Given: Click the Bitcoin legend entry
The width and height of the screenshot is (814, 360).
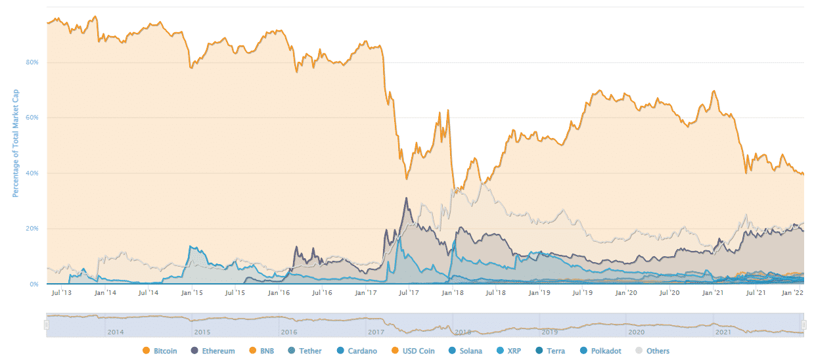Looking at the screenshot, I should tap(160, 351).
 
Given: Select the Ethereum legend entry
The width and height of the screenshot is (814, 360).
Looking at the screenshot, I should tap(213, 351).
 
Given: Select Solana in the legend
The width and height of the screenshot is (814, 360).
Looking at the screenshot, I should tap(464, 351).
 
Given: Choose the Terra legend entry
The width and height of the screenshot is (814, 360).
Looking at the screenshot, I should tap(551, 351).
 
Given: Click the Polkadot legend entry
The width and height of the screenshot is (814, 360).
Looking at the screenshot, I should tap(599, 351).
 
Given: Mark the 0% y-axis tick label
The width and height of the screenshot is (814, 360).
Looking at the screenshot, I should tap(34, 284).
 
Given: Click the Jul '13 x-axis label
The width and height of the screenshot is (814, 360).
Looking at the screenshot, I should tap(61, 292).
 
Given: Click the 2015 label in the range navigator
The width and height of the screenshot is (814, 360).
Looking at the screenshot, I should tap(202, 332).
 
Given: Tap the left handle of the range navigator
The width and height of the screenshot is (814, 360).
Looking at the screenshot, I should tap(47, 325).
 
